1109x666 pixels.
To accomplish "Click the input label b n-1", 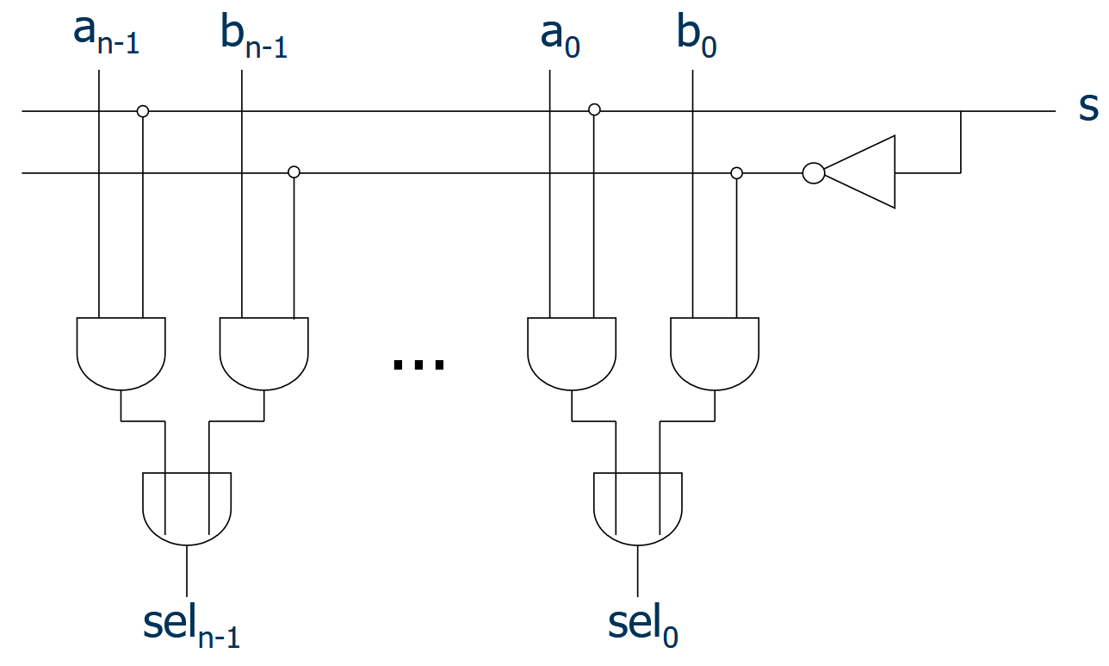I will (x=253, y=37).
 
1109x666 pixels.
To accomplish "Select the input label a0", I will (x=560, y=35).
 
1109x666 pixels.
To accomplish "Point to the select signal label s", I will (x=1087, y=107).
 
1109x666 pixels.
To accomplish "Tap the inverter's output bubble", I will (x=813, y=173).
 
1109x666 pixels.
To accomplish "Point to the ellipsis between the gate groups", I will (x=418, y=364).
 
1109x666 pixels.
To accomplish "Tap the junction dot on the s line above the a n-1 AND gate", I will (x=143, y=111).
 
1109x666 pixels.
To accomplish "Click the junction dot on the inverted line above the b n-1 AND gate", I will (x=294, y=172).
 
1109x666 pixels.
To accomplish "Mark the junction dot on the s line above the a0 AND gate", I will (x=594, y=110).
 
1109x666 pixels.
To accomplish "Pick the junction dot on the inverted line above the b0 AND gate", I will (x=736, y=173).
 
